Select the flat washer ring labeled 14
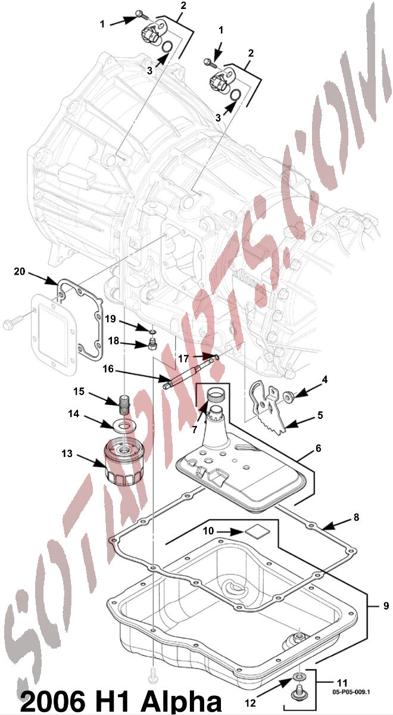[124, 426]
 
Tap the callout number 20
[20, 271]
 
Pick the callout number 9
[386, 605]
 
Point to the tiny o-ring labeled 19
[153, 333]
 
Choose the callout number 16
[108, 369]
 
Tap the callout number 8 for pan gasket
[357, 517]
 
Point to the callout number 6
[319, 448]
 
